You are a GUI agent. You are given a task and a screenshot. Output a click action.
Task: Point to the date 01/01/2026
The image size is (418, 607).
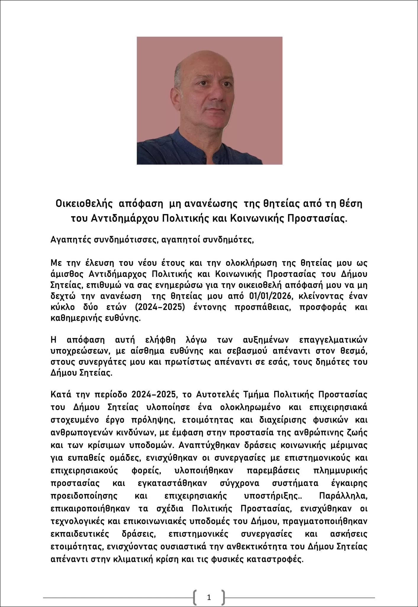pos(264,296)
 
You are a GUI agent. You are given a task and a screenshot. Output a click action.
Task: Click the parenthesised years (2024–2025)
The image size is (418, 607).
pos(160,307)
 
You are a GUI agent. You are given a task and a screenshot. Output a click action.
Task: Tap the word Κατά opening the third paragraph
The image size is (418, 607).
pos(61,395)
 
